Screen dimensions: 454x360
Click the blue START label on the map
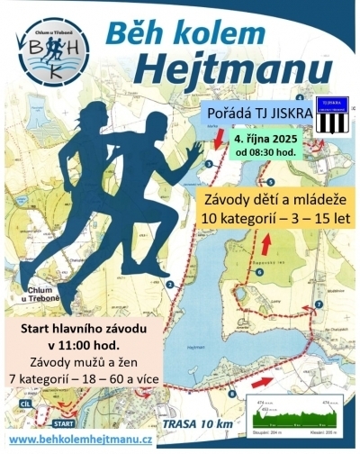click(x=64, y=421)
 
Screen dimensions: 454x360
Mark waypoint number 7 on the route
click(x=318, y=305)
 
